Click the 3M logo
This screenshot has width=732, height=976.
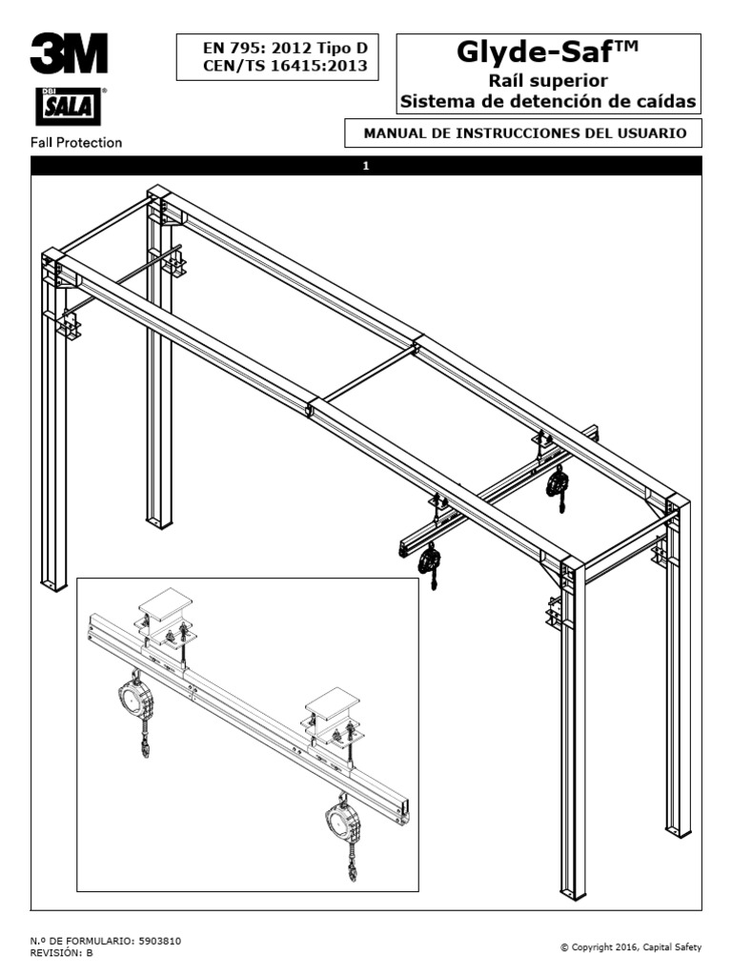(69, 54)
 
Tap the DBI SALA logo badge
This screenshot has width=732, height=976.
(69, 107)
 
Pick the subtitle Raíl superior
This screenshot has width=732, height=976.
(547, 81)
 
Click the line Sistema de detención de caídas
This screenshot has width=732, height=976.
(547, 101)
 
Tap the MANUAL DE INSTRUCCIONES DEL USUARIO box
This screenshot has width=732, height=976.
(525, 133)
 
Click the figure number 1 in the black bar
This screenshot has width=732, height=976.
(366, 166)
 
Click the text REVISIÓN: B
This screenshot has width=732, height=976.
(62, 952)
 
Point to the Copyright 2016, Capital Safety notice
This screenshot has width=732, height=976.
(631, 946)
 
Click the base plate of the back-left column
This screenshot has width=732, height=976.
(158, 522)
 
